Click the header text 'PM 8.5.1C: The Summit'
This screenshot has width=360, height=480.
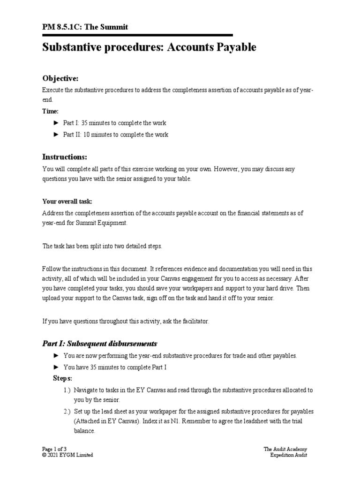coord(85,27)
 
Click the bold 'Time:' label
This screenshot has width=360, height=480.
coord(51,111)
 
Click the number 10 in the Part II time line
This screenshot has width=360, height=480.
coord(87,135)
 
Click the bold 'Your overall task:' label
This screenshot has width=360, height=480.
coord(67,201)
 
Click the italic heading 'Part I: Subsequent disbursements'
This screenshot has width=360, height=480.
coord(100,343)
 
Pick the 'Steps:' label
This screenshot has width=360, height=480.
coord(62,378)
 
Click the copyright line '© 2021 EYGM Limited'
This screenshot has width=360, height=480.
coord(67,455)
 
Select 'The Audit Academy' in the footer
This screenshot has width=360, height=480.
coord(285,449)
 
